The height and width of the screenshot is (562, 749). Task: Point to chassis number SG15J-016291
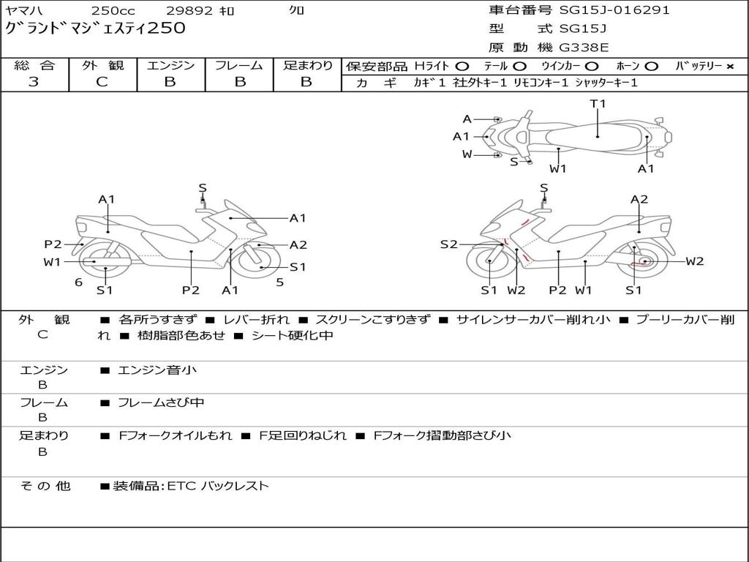tap(614, 10)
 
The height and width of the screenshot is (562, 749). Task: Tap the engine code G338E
tap(584, 48)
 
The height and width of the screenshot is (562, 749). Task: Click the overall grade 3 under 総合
tap(34, 82)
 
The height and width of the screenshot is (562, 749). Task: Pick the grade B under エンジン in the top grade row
tap(170, 82)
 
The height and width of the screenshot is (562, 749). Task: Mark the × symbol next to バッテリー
tap(729, 67)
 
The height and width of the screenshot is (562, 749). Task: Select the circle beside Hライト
tap(462, 67)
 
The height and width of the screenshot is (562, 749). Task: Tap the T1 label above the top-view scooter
tap(598, 104)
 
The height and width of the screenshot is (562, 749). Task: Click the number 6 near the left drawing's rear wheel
tap(78, 282)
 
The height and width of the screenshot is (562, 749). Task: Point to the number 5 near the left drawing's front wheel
tap(279, 282)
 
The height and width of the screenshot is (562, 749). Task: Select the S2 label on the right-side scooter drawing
tap(448, 244)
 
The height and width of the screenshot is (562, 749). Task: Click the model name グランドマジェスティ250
tap(95, 29)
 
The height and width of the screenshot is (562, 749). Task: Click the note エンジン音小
tap(157, 370)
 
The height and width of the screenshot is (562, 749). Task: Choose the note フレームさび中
tap(161, 402)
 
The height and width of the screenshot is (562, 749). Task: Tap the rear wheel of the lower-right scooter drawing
tap(644, 262)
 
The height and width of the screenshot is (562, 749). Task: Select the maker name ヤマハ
tap(25, 10)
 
